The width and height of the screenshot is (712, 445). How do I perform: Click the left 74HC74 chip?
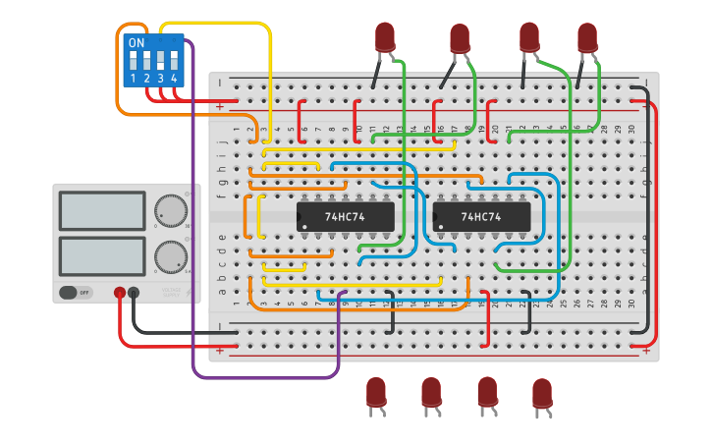345,216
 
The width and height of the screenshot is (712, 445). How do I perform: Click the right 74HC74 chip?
481,216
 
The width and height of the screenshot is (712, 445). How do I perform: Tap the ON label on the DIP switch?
137,43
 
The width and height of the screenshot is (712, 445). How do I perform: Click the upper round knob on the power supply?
170,210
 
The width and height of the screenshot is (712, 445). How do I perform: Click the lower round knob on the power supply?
170,257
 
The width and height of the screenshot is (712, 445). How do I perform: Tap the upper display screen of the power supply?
102,210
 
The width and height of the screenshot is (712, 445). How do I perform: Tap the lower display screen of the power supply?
102,256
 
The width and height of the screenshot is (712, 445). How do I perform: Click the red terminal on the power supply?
120,293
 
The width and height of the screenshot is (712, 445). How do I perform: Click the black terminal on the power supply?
134,293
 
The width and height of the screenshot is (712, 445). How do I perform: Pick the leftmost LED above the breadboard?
385,36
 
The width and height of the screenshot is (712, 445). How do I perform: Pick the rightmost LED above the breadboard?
587,36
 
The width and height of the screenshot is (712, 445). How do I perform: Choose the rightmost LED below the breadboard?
542,393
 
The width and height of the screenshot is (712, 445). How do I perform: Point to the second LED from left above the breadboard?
460,38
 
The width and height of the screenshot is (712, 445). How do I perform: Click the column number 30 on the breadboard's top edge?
631,129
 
